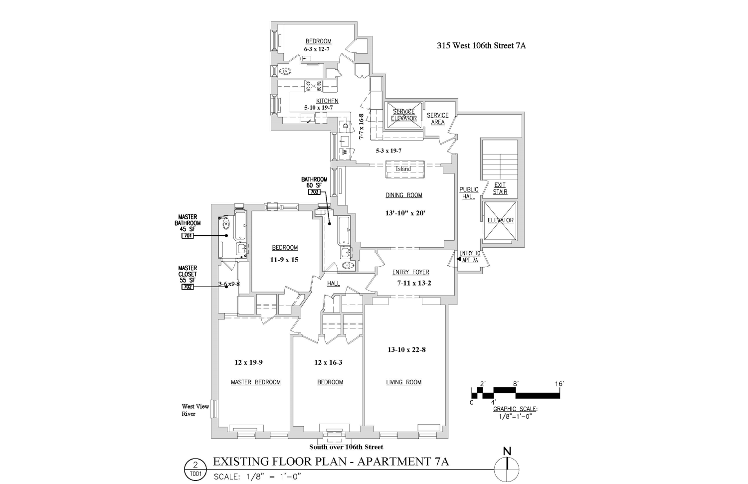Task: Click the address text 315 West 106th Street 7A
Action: pos(481,46)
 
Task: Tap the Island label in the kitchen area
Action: pos(403,169)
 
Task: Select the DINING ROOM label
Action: pos(403,195)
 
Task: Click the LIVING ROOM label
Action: pos(403,382)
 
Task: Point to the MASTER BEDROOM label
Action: pos(255,382)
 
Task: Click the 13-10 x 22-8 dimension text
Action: pos(406,349)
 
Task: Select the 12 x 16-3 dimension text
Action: pos(328,362)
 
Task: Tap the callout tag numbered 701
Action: pos(187,236)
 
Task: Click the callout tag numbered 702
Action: pos(187,287)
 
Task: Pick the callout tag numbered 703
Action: pos(314,191)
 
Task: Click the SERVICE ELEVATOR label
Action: pos(403,115)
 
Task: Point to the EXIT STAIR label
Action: pos(500,188)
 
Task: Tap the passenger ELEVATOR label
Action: pos(500,220)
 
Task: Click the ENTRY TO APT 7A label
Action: pos(469,257)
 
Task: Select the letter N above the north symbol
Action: pos(507,452)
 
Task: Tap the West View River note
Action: pos(188,410)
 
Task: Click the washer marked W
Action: pos(344,152)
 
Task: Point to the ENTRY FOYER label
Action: pos(410,272)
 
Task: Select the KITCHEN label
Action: pos(327,101)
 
